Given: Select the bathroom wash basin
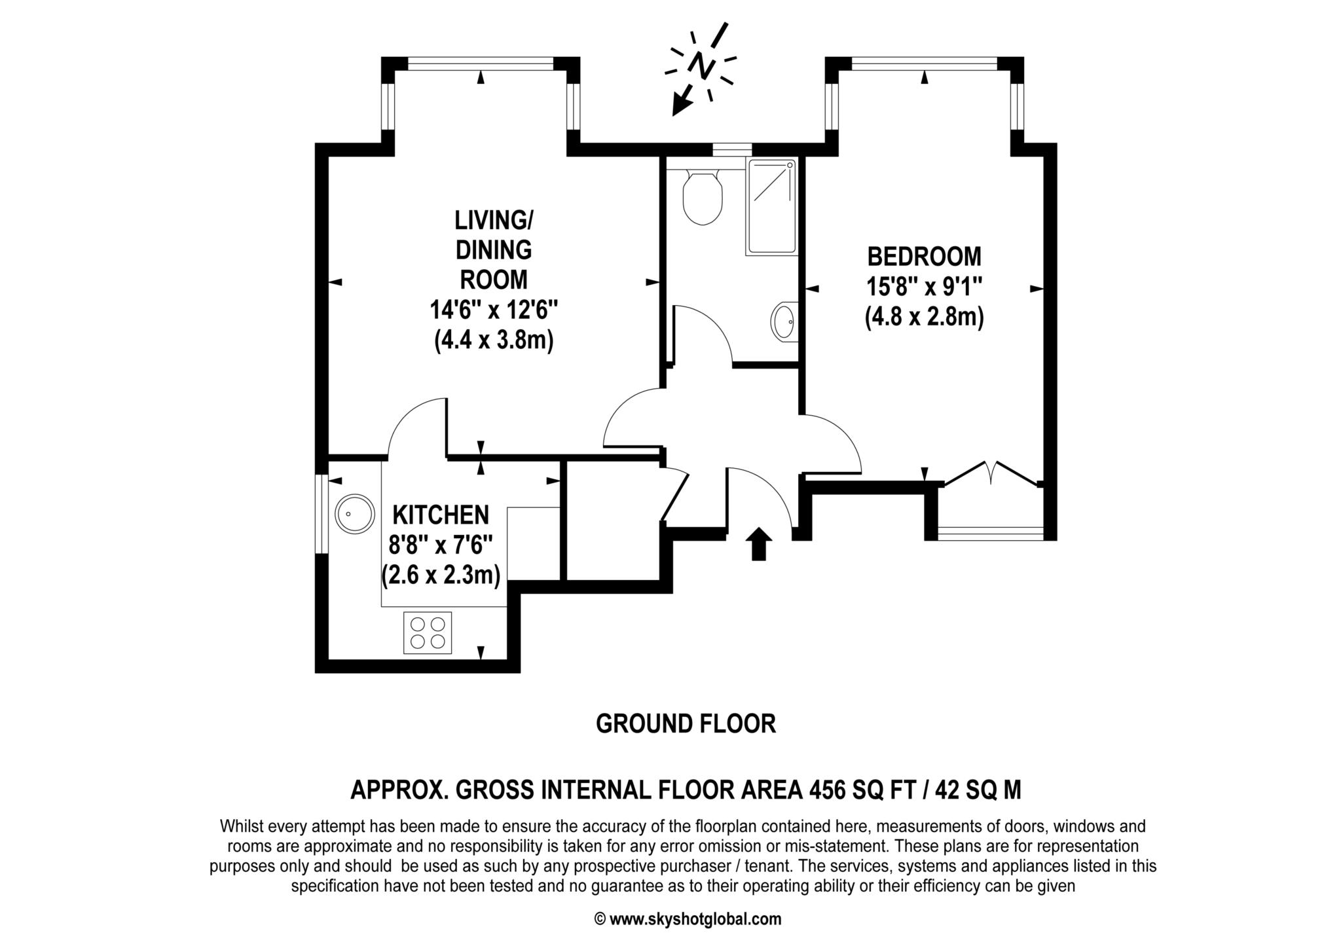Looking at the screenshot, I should [x=783, y=321].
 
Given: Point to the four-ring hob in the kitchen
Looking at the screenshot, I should [x=428, y=632].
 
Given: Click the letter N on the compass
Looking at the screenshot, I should [x=701, y=65].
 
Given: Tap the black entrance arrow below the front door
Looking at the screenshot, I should [x=758, y=544].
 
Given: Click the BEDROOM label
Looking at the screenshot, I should [x=924, y=257].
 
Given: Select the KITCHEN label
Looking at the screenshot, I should [x=441, y=515].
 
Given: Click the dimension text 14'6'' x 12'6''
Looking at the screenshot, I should [x=494, y=310].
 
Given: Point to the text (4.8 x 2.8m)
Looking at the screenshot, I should [x=924, y=318].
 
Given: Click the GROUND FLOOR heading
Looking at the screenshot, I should [x=686, y=724].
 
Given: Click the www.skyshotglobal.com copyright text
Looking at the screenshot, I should [x=688, y=919].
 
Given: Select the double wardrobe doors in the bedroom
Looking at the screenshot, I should [x=991, y=473].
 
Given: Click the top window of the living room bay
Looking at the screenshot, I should [x=481, y=64].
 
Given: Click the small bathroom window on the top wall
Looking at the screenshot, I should [x=730, y=149].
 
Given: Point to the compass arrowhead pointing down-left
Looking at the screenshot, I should [x=682, y=105].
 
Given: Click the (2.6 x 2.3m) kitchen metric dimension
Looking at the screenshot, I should [x=441, y=575].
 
